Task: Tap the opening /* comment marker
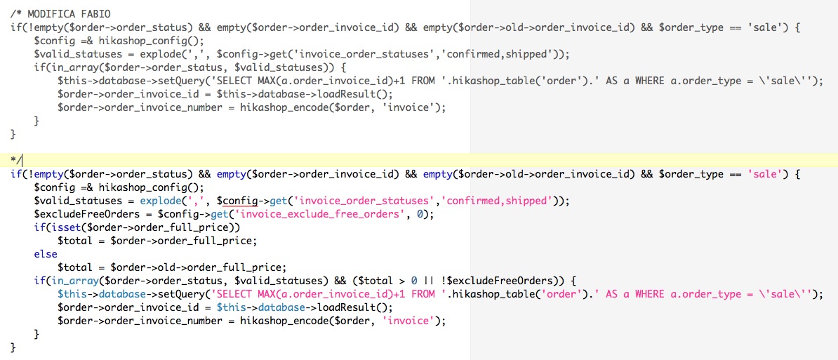click(x=15, y=14)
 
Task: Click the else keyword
click(x=46, y=254)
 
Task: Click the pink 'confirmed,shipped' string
click(x=495, y=201)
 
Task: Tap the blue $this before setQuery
click(x=72, y=294)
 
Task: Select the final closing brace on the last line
click(x=13, y=347)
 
